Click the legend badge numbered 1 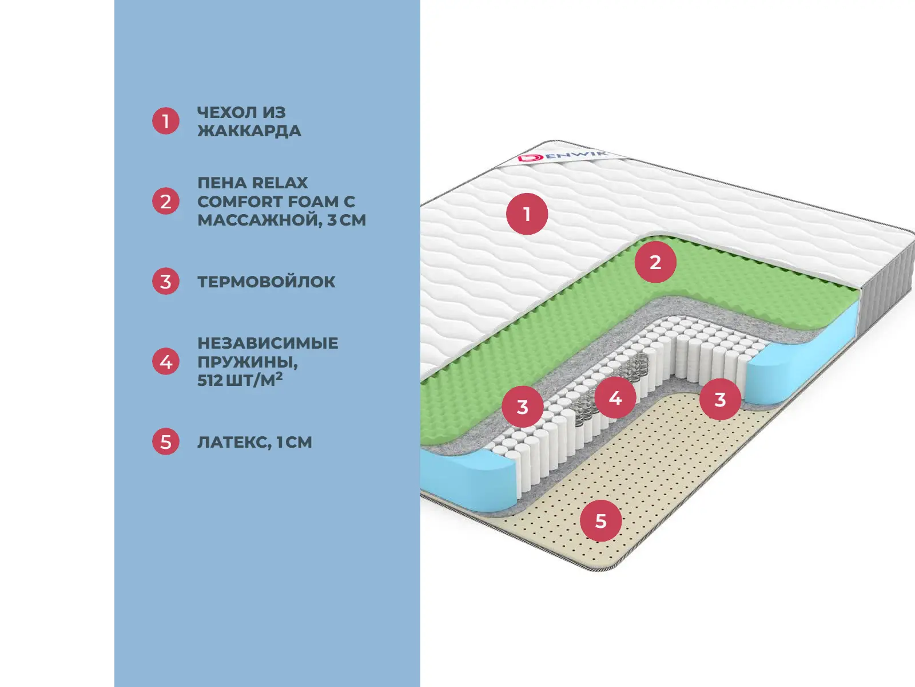[166, 121]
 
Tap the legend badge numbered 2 [166, 202]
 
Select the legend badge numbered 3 [166, 282]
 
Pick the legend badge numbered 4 [166, 362]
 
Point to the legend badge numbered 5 [166, 442]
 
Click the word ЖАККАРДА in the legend [249, 131]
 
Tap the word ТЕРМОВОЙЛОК [266, 282]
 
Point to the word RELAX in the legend [280, 183]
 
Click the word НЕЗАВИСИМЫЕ [268, 343]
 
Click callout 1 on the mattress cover [527, 214]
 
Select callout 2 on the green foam [655, 262]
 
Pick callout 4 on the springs [615, 397]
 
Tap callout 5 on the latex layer [600, 521]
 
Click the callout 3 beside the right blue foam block [720, 399]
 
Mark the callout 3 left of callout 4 [523, 407]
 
